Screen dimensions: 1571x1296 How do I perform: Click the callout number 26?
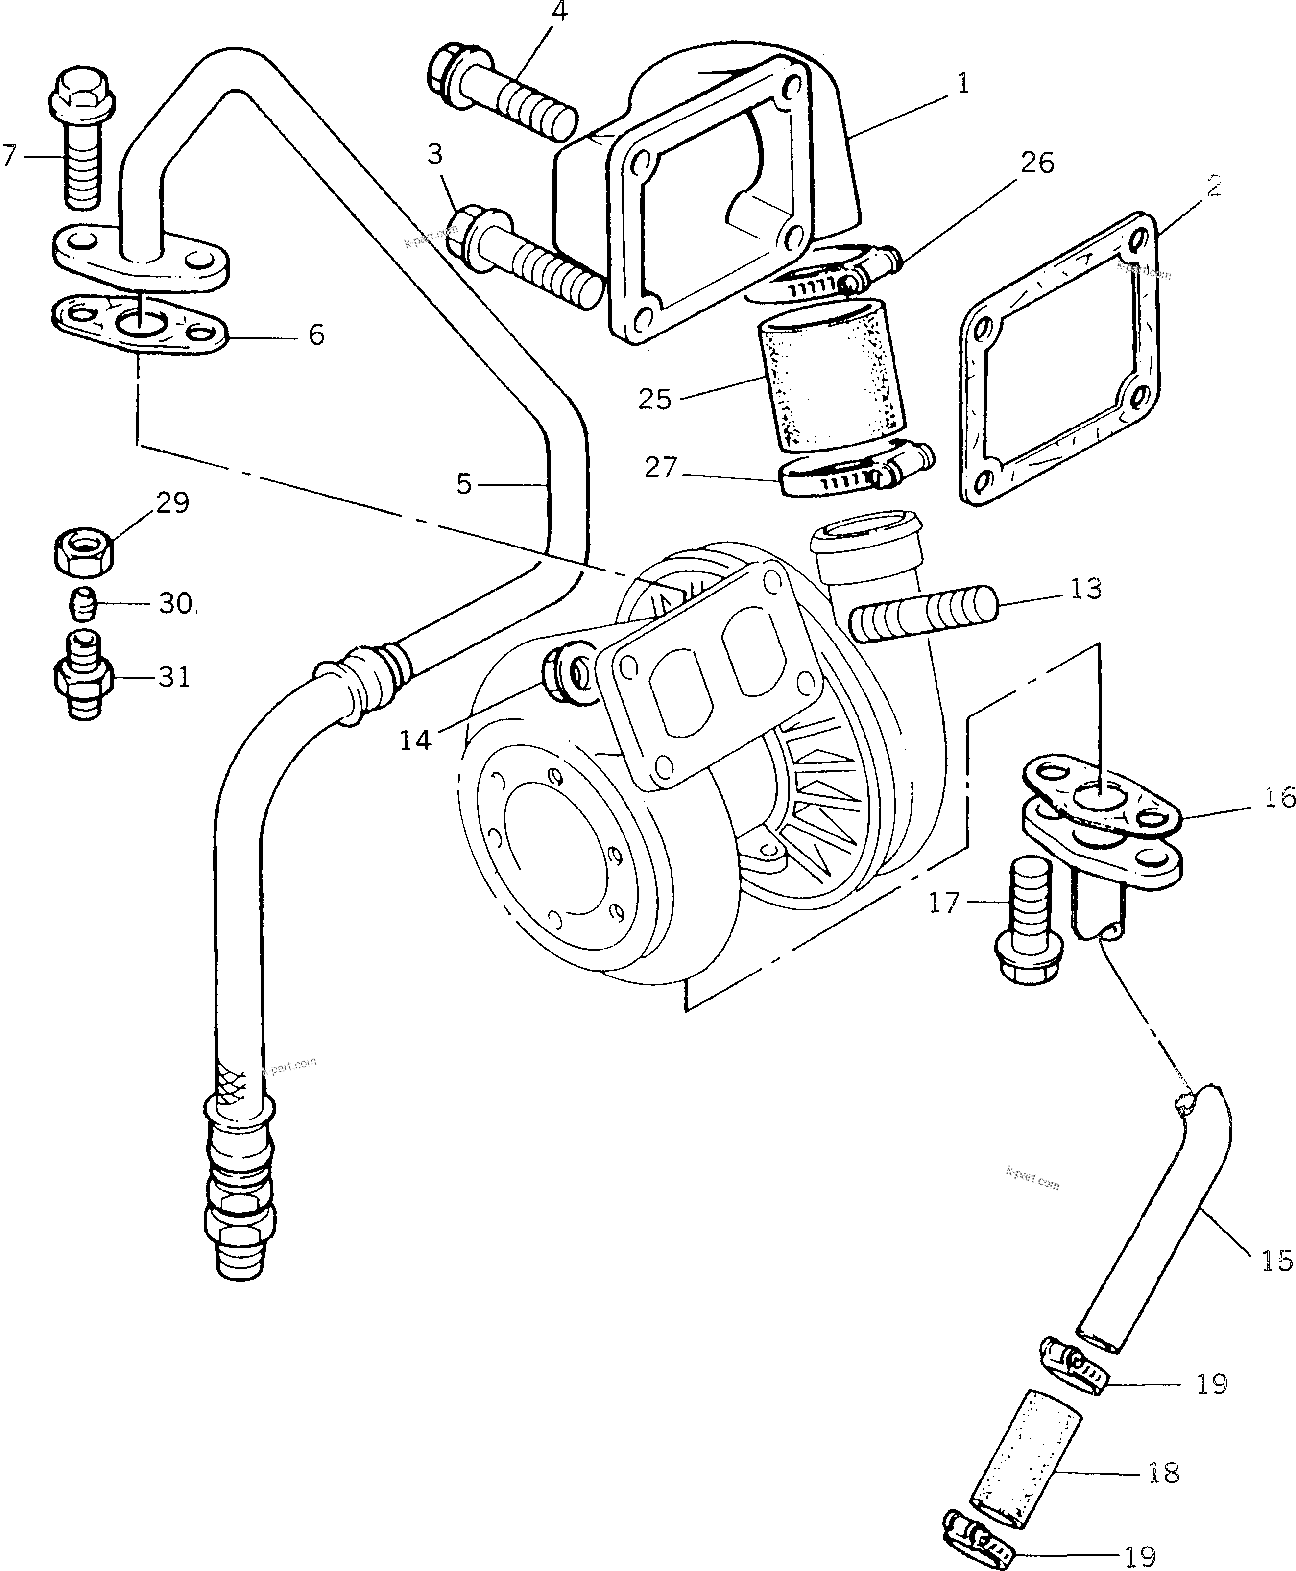tap(1037, 163)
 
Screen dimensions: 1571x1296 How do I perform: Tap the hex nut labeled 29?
tap(84, 553)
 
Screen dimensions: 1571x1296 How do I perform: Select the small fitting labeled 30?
tap(82, 603)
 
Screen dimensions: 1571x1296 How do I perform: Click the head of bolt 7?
tap(78, 96)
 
